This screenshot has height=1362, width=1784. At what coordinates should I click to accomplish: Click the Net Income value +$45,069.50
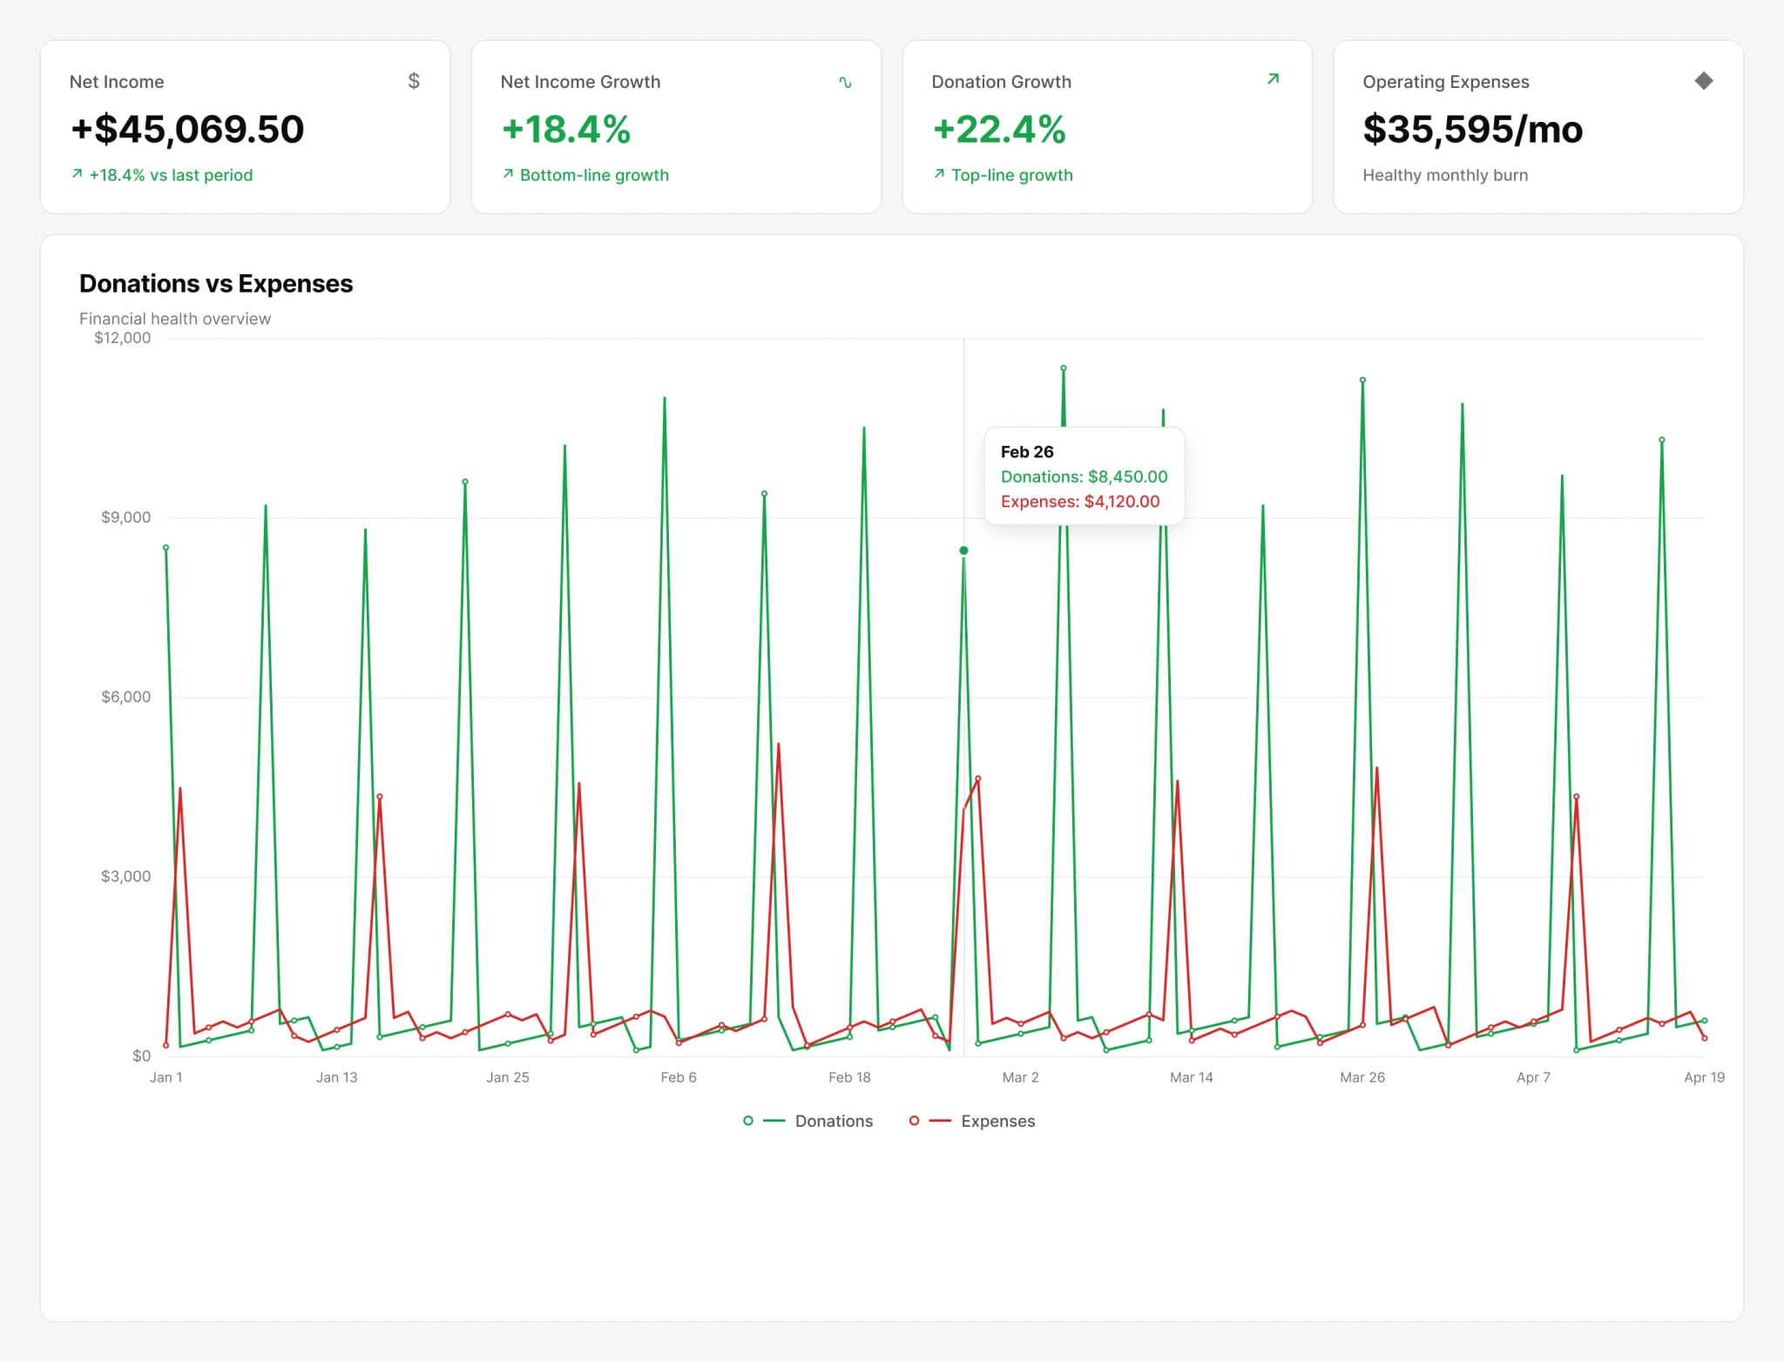pyautogui.click(x=187, y=129)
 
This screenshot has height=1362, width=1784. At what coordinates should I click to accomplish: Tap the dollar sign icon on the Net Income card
pyautogui.click(x=414, y=81)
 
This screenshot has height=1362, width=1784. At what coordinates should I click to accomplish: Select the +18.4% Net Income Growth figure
pyautogui.click(x=566, y=129)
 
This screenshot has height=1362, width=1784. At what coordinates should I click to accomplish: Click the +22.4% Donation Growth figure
pyautogui.click(x=999, y=129)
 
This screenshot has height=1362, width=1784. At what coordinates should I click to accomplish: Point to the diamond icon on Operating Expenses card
pyautogui.click(x=1704, y=81)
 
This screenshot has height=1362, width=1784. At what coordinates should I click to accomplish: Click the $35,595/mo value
pyautogui.click(x=1473, y=129)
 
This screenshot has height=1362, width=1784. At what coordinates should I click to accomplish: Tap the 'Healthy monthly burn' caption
pyautogui.click(x=1445, y=175)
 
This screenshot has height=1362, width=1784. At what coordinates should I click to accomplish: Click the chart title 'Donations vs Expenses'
pyautogui.click(x=216, y=284)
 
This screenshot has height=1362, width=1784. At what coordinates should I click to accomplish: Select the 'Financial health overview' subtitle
pyautogui.click(x=175, y=319)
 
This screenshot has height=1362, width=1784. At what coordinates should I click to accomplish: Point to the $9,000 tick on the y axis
pyautogui.click(x=126, y=517)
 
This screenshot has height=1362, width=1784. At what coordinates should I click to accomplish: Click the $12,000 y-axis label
pyautogui.click(x=123, y=338)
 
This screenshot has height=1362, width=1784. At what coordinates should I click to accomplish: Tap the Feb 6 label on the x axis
pyautogui.click(x=679, y=1077)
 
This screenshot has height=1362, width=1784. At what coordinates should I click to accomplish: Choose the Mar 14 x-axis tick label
pyautogui.click(x=1192, y=1077)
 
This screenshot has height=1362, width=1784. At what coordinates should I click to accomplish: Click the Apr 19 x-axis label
pyautogui.click(x=1705, y=1077)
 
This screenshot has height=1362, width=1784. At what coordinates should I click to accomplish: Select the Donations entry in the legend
pyautogui.click(x=808, y=1121)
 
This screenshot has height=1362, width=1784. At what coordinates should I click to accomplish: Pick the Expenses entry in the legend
pyautogui.click(x=972, y=1121)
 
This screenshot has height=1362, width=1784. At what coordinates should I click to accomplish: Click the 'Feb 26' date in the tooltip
pyautogui.click(x=1027, y=452)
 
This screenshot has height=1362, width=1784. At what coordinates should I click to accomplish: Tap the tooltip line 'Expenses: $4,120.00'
pyautogui.click(x=1080, y=502)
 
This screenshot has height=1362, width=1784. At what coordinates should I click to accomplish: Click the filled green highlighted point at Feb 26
pyautogui.click(x=963, y=550)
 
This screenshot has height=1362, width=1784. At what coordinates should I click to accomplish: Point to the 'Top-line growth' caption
pyautogui.click(x=1012, y=175)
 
